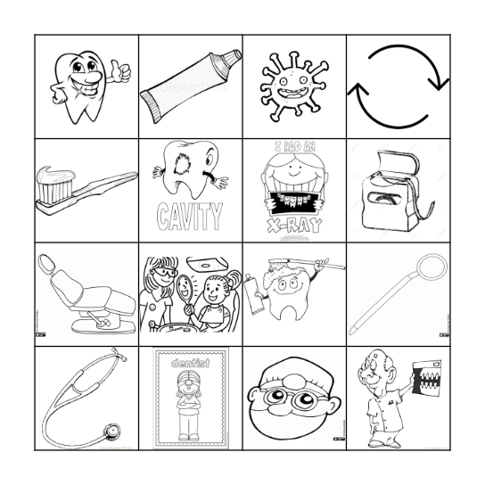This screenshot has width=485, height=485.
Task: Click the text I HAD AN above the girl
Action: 293,149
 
